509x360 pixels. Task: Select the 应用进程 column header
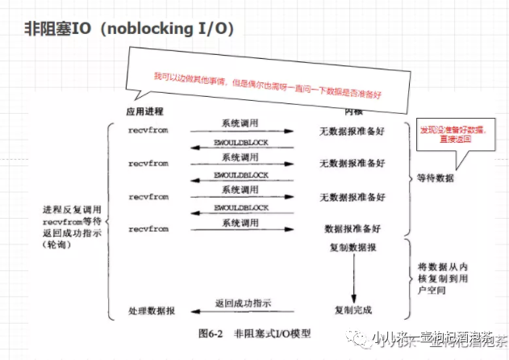coord(145,111)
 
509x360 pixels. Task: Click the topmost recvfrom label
coord(148,129)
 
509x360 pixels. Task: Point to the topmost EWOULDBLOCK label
coord(241,142)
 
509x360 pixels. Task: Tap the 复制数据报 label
coord(353,248)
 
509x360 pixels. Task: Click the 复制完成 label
coord(353,311)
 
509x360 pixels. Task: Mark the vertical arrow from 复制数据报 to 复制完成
coord(353,278)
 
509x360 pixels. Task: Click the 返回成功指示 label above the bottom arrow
coord(243,303)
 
